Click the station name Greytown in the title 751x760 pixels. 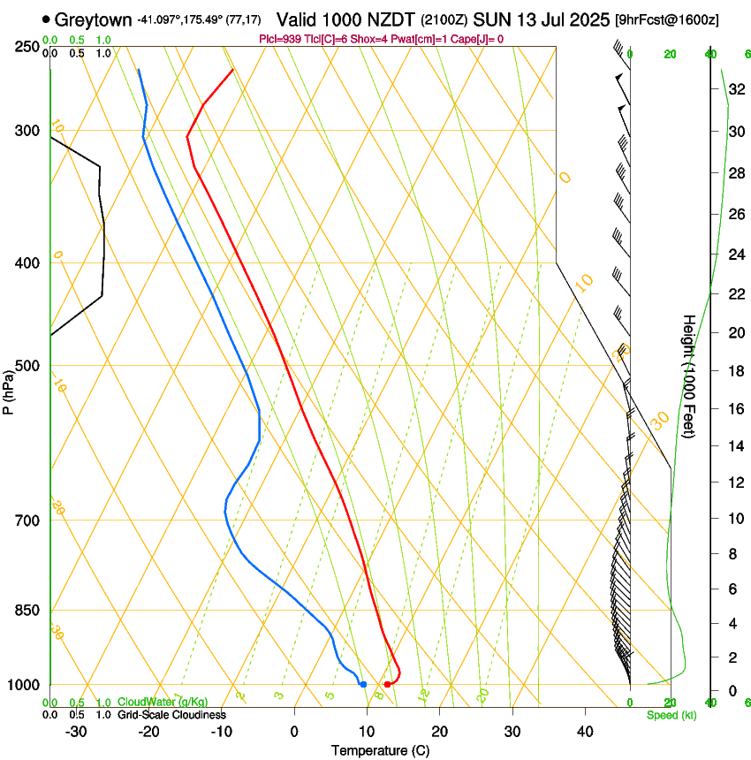pos(93,19)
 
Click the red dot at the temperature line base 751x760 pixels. pos(387,685)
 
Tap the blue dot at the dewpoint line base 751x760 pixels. pos(363,685)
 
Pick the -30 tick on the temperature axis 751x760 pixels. pos(76,732)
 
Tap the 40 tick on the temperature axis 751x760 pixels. pos(584,732)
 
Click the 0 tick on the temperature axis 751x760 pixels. pos(294,732)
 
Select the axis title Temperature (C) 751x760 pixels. pos(380,751)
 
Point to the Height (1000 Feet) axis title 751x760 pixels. pos(689,376)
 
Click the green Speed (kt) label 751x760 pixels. pos(671,715)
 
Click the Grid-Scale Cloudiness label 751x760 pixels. pos(171,714)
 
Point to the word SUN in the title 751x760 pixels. pos(492,19)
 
